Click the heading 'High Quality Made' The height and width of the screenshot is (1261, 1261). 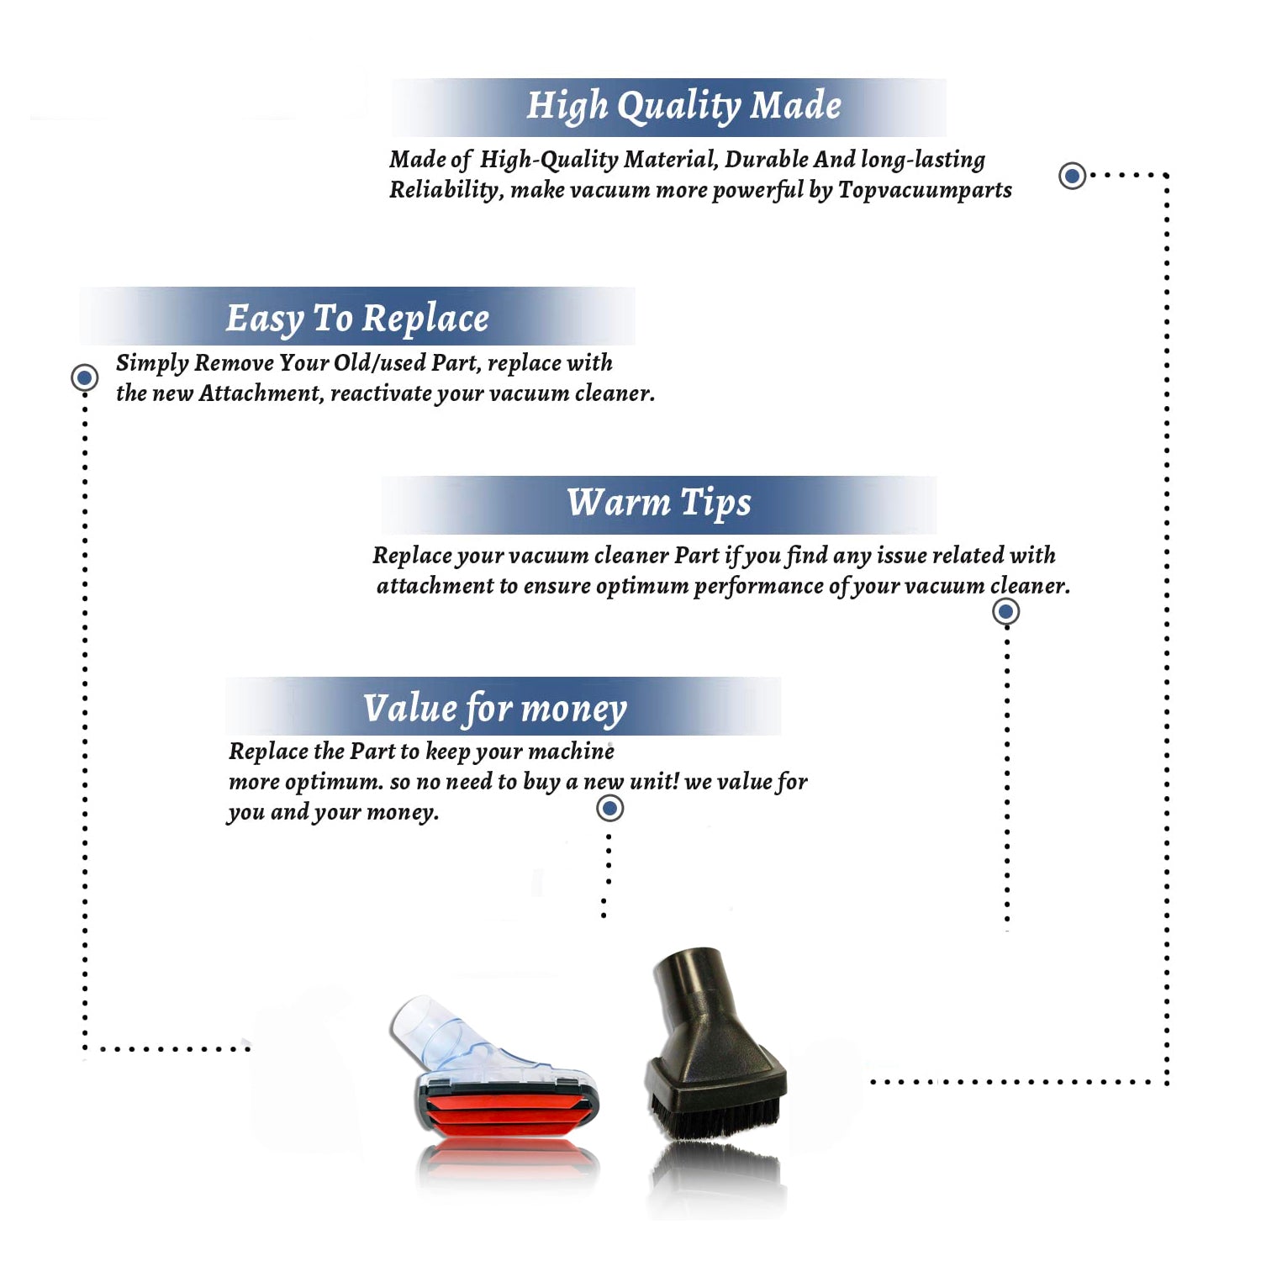pos(683,107)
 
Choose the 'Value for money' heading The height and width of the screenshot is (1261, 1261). pos(494,709)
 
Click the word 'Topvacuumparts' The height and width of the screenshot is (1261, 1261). pos(925,191)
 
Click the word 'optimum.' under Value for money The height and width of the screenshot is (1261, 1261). pos(334,783)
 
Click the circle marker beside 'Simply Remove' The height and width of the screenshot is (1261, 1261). pos(84,377)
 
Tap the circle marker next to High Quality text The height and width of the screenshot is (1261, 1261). pos(1072,176)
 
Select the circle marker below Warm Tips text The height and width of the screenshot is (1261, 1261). pos(1006,611)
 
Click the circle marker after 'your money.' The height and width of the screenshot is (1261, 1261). pos(609,809)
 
